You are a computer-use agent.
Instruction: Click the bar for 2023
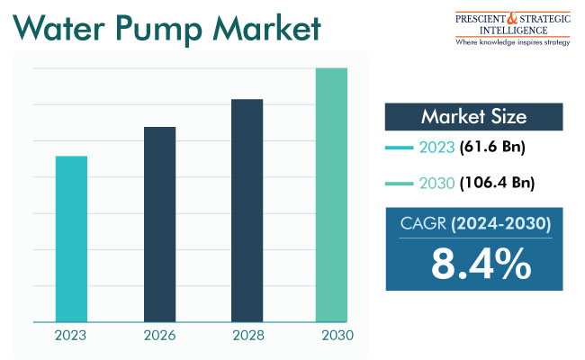coord(71,238)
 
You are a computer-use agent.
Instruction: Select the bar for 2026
coord(159,224)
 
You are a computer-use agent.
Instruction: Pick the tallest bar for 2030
coord(331,194)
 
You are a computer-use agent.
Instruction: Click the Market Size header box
coord(473,117)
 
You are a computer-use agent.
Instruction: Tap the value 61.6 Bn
coord(492,148)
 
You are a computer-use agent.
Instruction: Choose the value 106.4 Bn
coord(497,184)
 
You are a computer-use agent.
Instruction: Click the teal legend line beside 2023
coord(400,148)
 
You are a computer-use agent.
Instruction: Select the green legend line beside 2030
coord(400,184)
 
